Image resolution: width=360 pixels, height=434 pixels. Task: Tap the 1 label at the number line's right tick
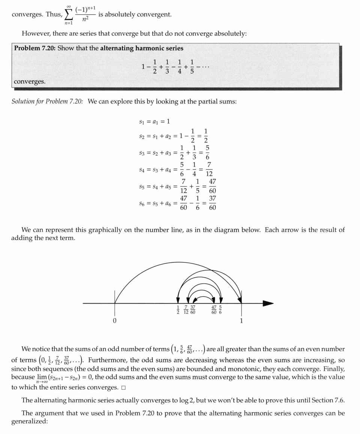point(241,321)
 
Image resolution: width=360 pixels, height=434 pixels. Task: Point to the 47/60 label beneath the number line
point(214,310)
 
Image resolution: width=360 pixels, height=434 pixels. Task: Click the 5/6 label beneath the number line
point(220,310)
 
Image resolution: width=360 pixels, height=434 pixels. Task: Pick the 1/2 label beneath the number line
point(178,310)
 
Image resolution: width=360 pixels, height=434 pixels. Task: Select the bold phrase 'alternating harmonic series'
point(142,48)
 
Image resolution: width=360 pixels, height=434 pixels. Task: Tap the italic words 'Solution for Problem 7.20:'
point(47,102)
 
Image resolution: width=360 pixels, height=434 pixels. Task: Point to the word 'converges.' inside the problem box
point(29,82)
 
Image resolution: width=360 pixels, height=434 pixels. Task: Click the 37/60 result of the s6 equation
point(212,203)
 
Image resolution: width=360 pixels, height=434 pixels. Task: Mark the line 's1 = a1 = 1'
point(154,121)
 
